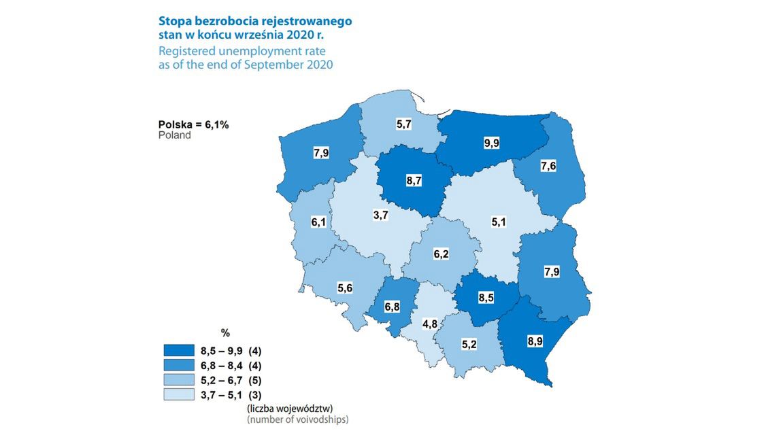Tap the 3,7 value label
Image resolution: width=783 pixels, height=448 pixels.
(x=382, y=216)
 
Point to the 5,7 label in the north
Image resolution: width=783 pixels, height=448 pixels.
(x=403, y=125)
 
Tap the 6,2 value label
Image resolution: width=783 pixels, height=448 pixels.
(x=442, y=254)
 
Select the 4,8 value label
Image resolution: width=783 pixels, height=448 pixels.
(x=429, y=324)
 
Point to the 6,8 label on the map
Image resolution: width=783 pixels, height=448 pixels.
(x=392, y=307)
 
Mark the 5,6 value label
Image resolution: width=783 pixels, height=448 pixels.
(x=345, y=288)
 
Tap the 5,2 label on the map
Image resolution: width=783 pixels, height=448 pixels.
(x=469, y=345)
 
